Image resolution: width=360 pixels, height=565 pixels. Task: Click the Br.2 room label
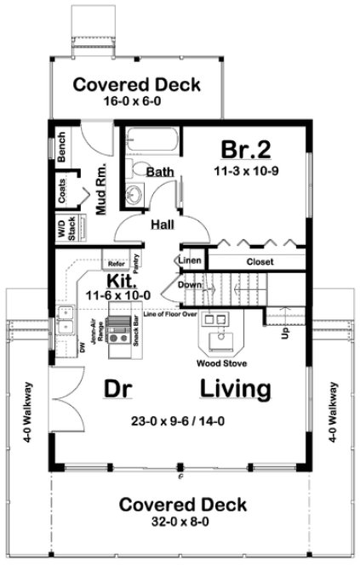pyautogui.click(x=246, y=150)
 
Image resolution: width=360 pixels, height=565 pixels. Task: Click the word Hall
pyautogui.click(x=163, y=225)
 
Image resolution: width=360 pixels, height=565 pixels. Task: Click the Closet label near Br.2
pyautogui.click(x=260, y=262)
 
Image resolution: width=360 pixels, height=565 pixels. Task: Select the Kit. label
pyautogui.click(x=118, y=281)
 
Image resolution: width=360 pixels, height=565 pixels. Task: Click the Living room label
pyautogui.click(x=237, y=389)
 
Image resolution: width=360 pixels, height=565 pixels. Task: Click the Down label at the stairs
pyautogui.click(x=190, y=285)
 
